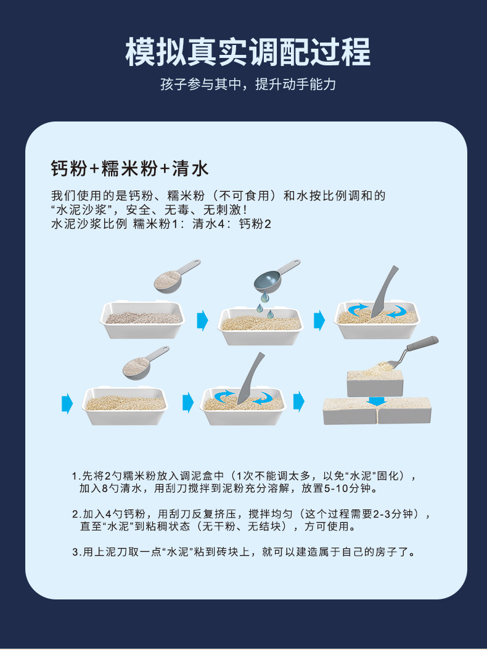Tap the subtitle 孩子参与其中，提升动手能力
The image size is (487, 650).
tap(248, 84)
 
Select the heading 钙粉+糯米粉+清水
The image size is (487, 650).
tap(129, 169)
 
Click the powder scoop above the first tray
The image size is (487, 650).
tap(176, 275)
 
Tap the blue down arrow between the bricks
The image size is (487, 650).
tap(377, 401)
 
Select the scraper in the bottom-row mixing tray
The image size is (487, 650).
tap(250, 378)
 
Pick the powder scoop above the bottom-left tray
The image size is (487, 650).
tap(145, 363)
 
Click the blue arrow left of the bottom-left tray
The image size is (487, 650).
tap(67, 403)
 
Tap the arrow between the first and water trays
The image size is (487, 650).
tap(202, 321)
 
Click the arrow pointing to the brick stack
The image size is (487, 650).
tap(298, 401)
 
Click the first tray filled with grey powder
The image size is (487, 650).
tap(142, 319)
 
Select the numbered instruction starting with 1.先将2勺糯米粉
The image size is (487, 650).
tap(245, 482)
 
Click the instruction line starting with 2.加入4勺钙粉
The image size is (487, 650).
tap(252, 520)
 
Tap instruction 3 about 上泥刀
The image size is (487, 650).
tap(244, 552)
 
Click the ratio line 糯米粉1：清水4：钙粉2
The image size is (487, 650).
tap(202, 224)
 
